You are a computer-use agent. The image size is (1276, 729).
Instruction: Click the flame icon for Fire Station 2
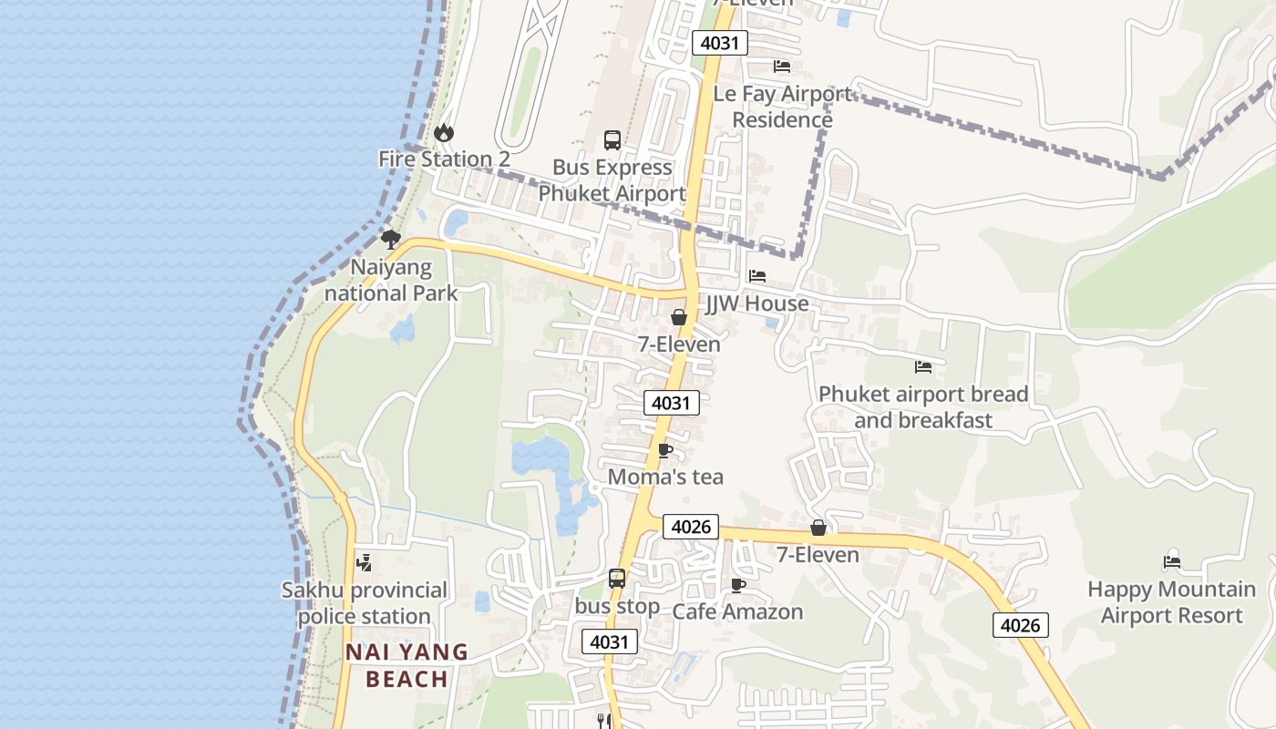pos(444,133)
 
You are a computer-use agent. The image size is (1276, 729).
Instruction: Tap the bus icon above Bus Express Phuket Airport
pos(612,140)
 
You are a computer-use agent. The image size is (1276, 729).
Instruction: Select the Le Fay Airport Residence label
pos(782,107)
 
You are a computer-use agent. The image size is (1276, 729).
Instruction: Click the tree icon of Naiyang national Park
pos(391,240)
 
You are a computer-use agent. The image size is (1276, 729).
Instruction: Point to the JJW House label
pos(757,303)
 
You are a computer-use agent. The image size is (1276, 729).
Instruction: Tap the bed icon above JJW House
pos(757,276)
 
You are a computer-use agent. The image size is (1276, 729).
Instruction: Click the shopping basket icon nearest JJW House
pos(679,317)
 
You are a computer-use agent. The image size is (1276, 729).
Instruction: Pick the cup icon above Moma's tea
pos(665,450)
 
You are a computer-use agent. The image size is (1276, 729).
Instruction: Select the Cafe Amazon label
pos(737,611)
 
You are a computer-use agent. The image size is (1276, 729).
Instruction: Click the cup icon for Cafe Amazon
pos(738,585)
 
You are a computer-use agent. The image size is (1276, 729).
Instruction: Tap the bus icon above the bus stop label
pos(617,579)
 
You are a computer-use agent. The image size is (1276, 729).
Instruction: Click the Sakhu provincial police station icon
pos(364,562)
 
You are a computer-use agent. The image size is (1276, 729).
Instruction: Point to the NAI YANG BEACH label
pos(407,665)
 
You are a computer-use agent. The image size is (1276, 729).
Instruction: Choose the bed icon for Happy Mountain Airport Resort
pos(1172,562)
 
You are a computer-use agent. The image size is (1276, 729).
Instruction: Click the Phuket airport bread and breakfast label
pos(923,407)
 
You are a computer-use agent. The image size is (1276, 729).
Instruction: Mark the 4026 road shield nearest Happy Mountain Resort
pos(1020,625)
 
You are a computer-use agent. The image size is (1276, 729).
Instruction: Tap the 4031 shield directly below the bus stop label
pos(610,642)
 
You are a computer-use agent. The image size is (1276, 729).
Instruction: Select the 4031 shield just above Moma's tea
pos(672,403)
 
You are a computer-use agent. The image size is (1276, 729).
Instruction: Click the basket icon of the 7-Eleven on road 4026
pos(818,528)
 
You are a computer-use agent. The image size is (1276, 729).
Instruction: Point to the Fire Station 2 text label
pos(444,159)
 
